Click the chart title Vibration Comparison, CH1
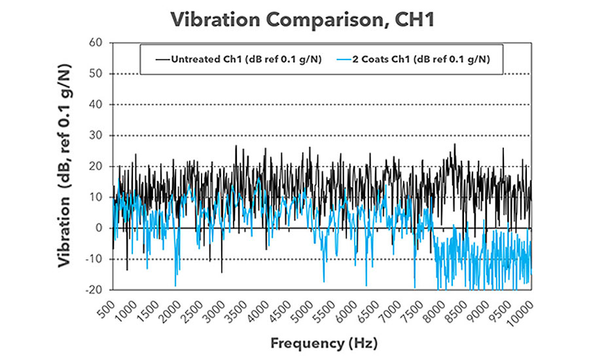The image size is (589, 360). point(294,20)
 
